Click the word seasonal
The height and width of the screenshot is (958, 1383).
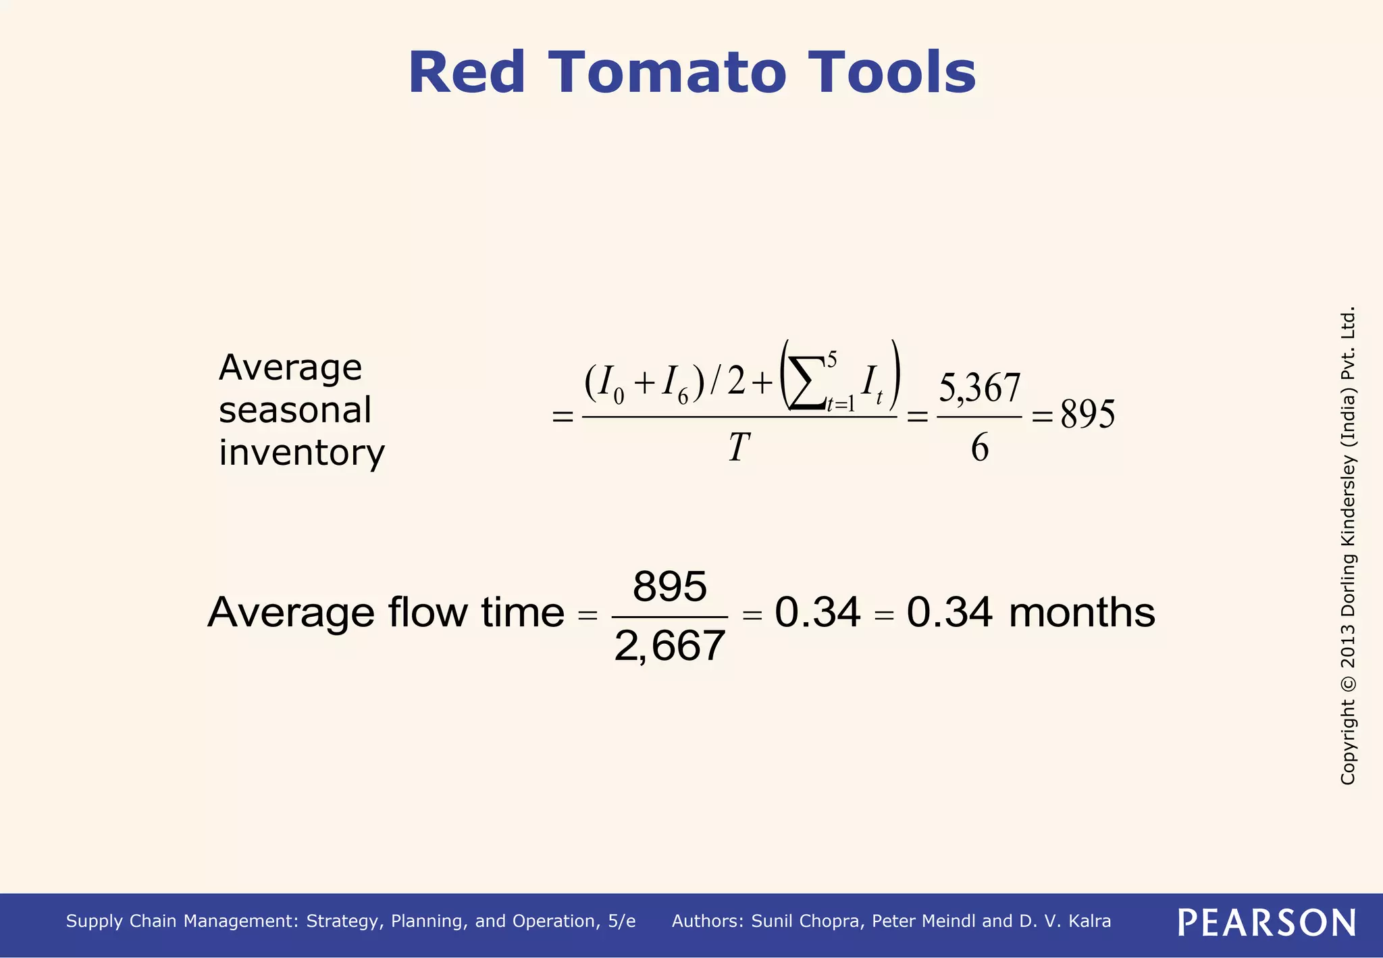tap(295, 411)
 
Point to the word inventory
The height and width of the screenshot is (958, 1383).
tap(301, 453)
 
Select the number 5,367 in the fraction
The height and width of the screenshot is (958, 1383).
tap(979, 388)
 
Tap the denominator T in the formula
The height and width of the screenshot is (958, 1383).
tap(739, 447)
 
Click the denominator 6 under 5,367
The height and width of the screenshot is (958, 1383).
tap(980, 448)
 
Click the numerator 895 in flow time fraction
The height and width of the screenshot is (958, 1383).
tap(669, 586)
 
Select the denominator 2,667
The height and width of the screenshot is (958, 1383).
tap(669, 646)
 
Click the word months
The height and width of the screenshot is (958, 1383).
tap(1082, 613)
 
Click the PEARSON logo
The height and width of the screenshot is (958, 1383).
tap(1266, 922)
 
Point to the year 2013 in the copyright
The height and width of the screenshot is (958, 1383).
tap(1348, 645)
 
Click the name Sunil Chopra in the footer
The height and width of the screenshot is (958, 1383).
tap(807, 922)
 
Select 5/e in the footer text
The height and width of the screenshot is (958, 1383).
tap(621, 922)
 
